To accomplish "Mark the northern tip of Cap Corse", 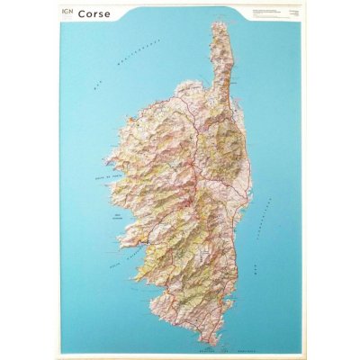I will click(221, 22).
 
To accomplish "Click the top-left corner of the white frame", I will click(53, 3).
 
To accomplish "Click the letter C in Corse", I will click(81, 14).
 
